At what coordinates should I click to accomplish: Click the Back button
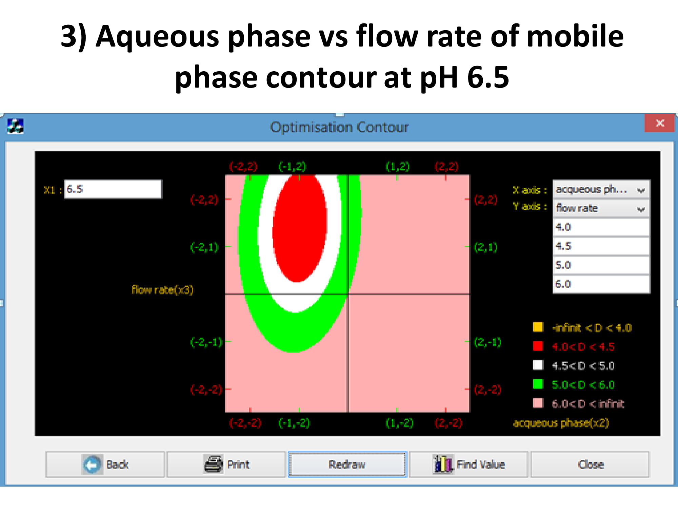click(x=105, y=464)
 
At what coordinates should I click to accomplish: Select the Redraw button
click(x=347, y=464)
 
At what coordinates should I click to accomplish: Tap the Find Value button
click(x=468, y=464)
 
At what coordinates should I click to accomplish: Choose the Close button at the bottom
click(x=590, y=464)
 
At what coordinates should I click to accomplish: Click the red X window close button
click(x=659, y=123)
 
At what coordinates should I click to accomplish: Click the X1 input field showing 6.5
click(x=113, y=189)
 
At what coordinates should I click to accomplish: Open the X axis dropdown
click(x=601, y=189)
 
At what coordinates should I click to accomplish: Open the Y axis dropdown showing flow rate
click(x=601, y=208)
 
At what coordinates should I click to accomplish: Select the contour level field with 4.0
click(x=601, y=227)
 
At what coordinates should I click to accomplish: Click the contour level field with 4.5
click(x=601, y=246)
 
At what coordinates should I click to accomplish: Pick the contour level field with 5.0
click(x=601, y=265)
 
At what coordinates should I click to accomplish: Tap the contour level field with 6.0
click(x=601, y=284)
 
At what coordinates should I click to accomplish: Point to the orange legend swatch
click(x=538, y=327)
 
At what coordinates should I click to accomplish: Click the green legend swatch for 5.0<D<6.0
click(x=538, y=384)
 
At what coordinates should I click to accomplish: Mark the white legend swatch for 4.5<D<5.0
click(x=538, y=365)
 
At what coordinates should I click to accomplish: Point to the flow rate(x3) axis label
click(x=162, y=289)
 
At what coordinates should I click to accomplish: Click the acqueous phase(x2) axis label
click(x=561, y=423)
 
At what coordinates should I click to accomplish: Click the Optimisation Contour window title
click(x=339, y=127)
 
